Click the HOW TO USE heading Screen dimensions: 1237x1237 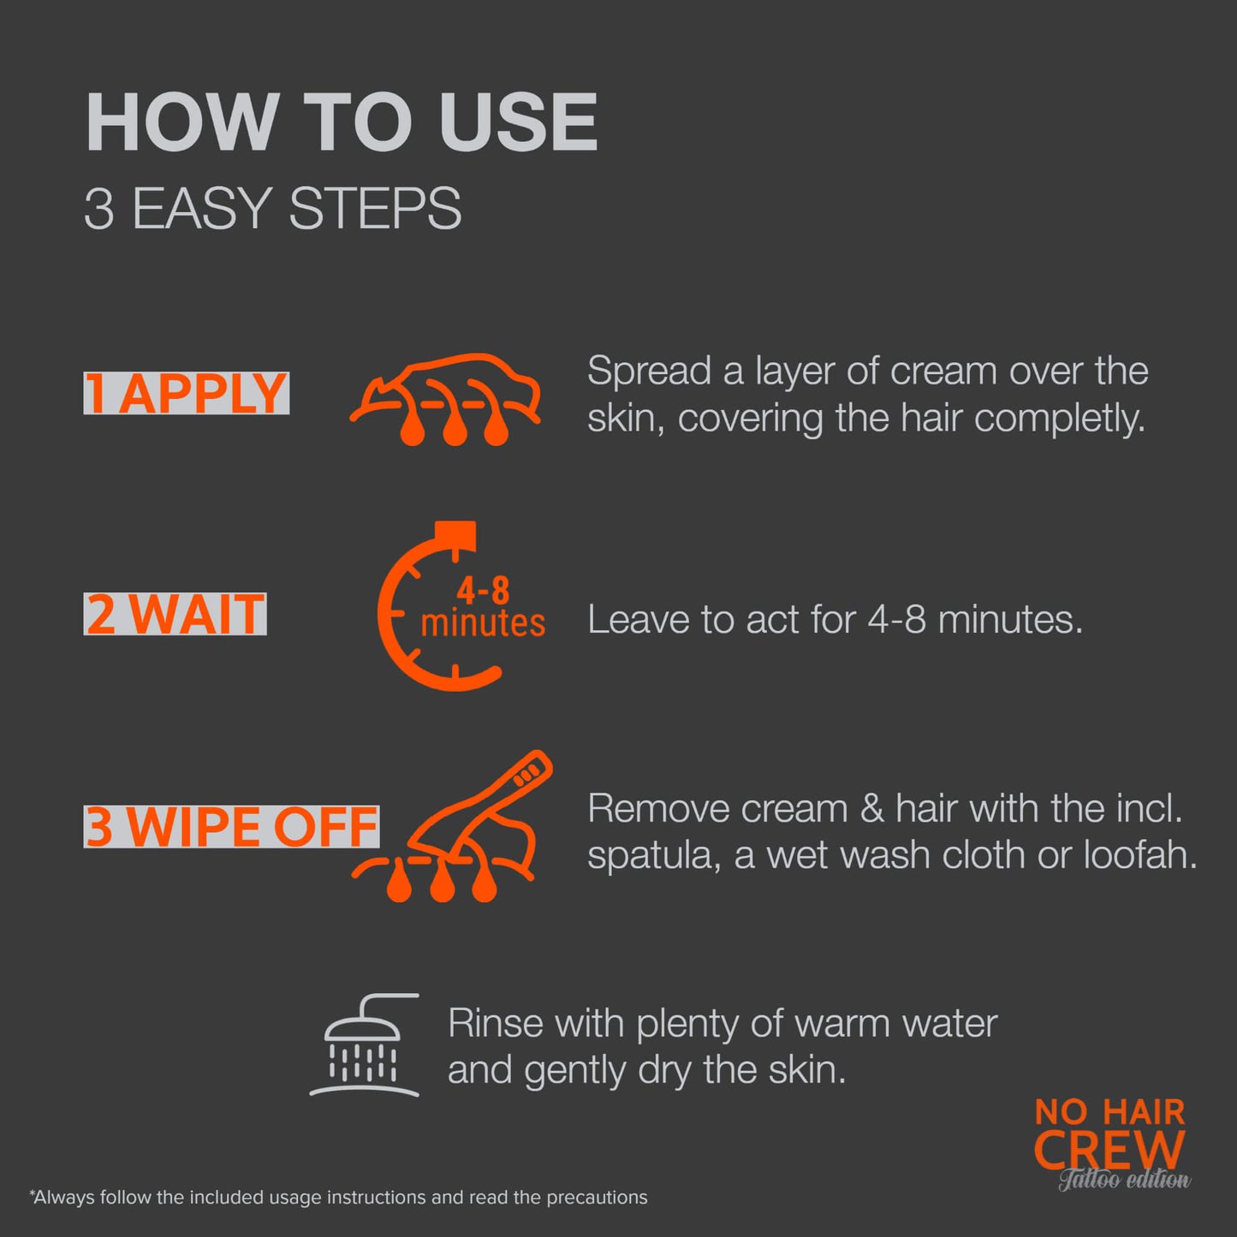(x=342, y=122)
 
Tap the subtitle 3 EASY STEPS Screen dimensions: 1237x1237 (x=272, y=208)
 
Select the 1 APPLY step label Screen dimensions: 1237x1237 (x=186, y=393)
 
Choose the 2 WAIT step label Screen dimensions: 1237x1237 (x=175, y=614)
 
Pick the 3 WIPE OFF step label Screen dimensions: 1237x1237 (x=231, y=826)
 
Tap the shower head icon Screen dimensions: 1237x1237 (x=365, y=1045)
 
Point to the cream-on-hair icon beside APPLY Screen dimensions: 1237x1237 (x=445, y=399)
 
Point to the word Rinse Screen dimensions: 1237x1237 (x=496, y=1024)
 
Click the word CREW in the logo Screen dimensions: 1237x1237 (x=1109, y=1149)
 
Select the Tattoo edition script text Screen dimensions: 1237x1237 (x=1124, y=1181)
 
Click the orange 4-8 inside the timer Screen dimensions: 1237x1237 (x=483, y=590)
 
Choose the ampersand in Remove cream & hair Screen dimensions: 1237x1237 (x=871, y=809)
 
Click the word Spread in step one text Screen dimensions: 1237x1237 (x=649, y=372)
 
